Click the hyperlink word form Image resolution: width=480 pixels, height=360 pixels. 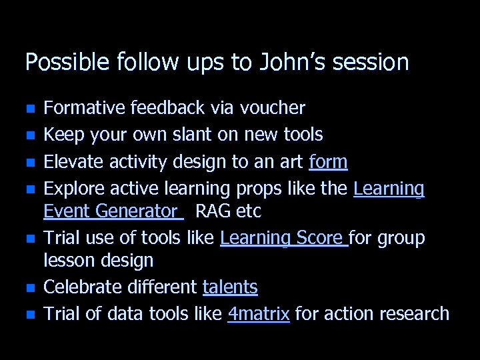(328, 162)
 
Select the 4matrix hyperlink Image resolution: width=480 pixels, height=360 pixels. (259, 313)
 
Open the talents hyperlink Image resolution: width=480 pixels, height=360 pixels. (230, 287)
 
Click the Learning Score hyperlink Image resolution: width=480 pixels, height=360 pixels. (283, 238)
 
